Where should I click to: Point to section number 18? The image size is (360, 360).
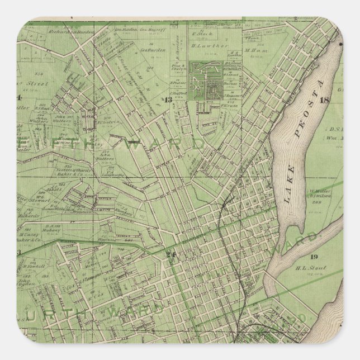pos(324,101)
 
